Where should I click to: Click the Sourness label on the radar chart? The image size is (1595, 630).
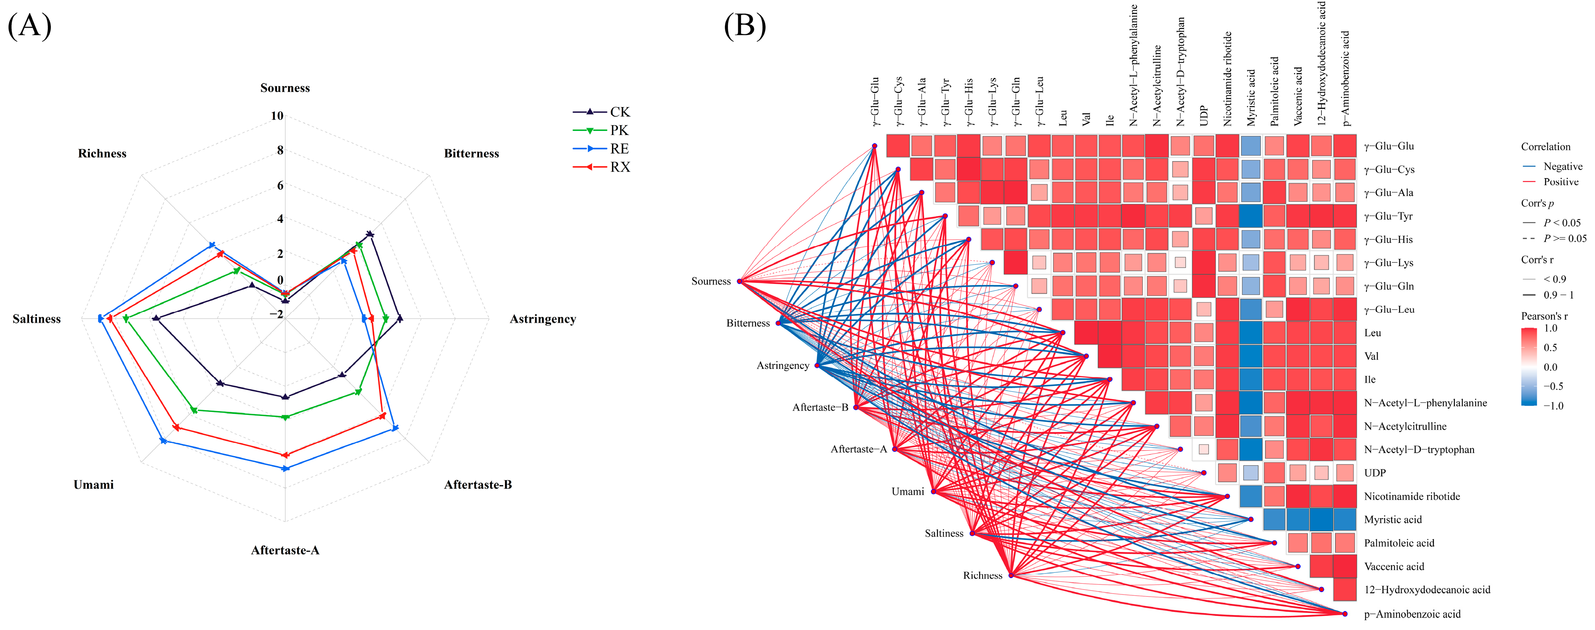285,88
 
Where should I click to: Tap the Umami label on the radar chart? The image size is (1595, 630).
93,485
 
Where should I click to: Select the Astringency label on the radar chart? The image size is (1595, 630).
542,319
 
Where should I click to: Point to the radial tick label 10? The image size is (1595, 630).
277,116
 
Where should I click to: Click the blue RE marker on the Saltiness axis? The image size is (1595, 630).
101,319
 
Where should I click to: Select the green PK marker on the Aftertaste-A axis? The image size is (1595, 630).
285,418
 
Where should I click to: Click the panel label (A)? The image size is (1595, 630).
29,26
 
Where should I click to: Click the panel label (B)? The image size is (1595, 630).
745,26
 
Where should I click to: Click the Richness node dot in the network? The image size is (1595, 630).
1011,575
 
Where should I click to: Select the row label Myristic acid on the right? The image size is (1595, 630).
1392,520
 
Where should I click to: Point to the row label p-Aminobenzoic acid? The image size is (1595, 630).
1412,614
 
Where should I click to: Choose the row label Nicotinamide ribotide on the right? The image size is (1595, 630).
1412,496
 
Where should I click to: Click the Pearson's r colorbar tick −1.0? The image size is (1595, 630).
1553,406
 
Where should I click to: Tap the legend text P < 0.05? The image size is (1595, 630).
1562,223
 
